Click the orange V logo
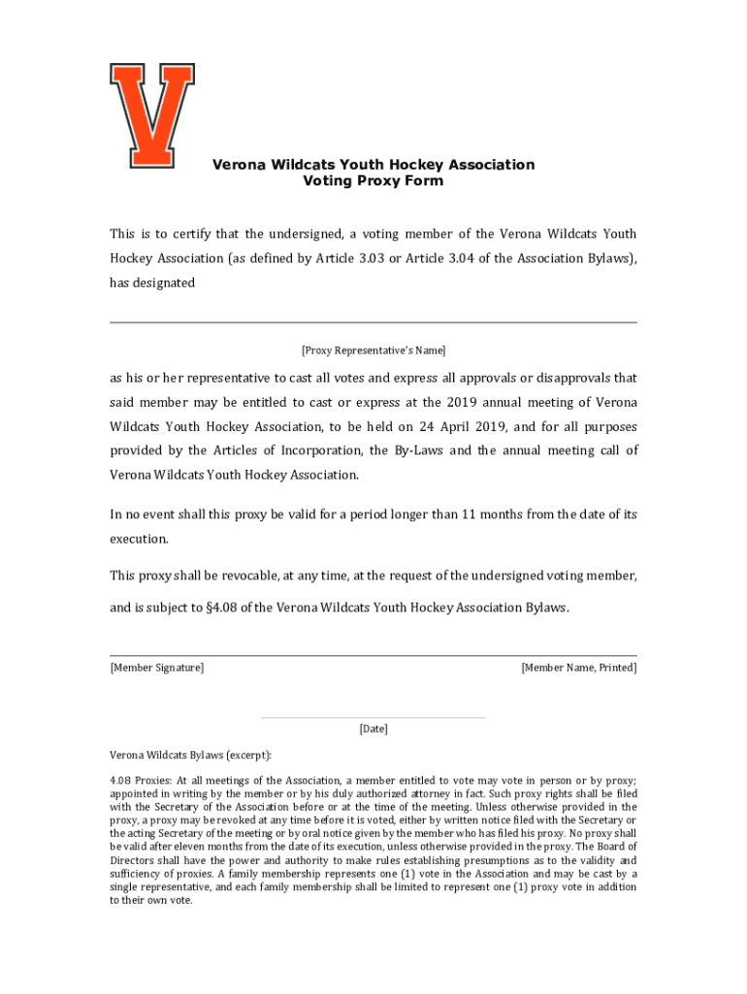(x=152, y=115)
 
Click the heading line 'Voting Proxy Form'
(x=373, y=182)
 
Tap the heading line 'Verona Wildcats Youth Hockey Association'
(x=373, y=164)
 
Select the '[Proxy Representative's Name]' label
(x=373, y=350)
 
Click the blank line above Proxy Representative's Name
(x=373, y=322)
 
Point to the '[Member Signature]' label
(x=156, y=668)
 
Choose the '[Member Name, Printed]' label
(x=579, y=668)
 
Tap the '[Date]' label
(x=373, y=728)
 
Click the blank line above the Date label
(x=373, y=718)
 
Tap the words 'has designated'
(x=152, y=283)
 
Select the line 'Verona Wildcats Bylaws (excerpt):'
(x=190, y=754)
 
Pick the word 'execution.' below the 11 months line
(x=139, y=538)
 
